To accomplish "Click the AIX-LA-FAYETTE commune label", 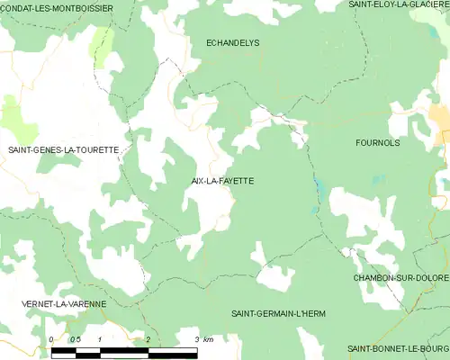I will pyautogui.click(x=222, y=181).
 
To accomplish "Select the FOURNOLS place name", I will pyautogui.click(x=377, y=142).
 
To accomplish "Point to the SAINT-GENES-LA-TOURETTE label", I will pyautogui.click(x=63, y=149).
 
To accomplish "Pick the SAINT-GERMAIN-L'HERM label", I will pyautogui.click(x=278, y=312).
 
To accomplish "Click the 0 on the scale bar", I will pyautogui.click(x=51, y=339).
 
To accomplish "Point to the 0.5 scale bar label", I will pyautogui.click(x=75, y=339).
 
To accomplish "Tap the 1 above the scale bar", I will pyautogui.click(x=99, y=339).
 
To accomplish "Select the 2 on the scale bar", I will pyautogui.click(x=147, y=339).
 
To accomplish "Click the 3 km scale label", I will pyautogui.click(x=202, y=339).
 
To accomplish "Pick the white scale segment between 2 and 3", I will pyautogui.click(x=171, y=351).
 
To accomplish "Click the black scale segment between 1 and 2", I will pyautogui.click(x=123, y=351).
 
